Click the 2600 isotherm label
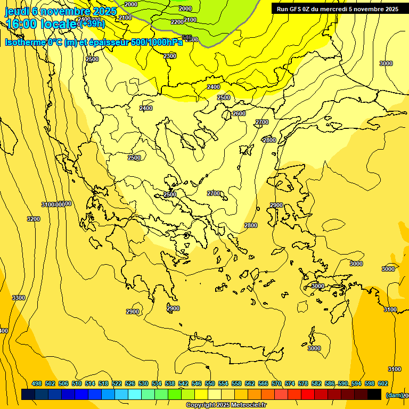coord(239,113)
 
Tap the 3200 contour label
coord(34,219)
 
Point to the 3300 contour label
coord(19,298)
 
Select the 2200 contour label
coord(177,22)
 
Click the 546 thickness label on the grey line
coord(187,37)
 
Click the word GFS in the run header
coord(297,9)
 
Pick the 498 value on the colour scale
coord(37,383)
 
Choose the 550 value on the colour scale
coord(210,383)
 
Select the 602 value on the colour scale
coord(383,383)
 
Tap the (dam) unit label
coord(394,395)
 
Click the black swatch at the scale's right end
coord(374,394)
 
